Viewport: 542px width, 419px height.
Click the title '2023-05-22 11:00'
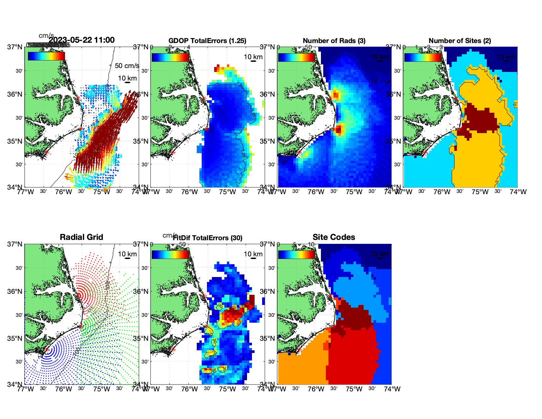pos(81,40)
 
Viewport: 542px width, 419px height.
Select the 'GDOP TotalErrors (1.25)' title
pos(207,41)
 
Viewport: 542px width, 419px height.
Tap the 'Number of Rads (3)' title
pos(334,41)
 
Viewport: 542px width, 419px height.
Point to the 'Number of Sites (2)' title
pos(460,41)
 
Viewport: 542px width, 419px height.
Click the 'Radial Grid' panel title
pos(81,237)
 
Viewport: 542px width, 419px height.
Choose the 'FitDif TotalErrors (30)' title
pos(207,238)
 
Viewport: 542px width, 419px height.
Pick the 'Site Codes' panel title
pos(334,237)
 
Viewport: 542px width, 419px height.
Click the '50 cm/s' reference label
pos(127,66)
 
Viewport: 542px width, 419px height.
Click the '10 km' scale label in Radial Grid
pos(127,254)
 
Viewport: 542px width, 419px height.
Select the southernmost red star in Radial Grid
pos(47,350)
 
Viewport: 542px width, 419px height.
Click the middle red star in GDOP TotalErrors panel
pos(207,129)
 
